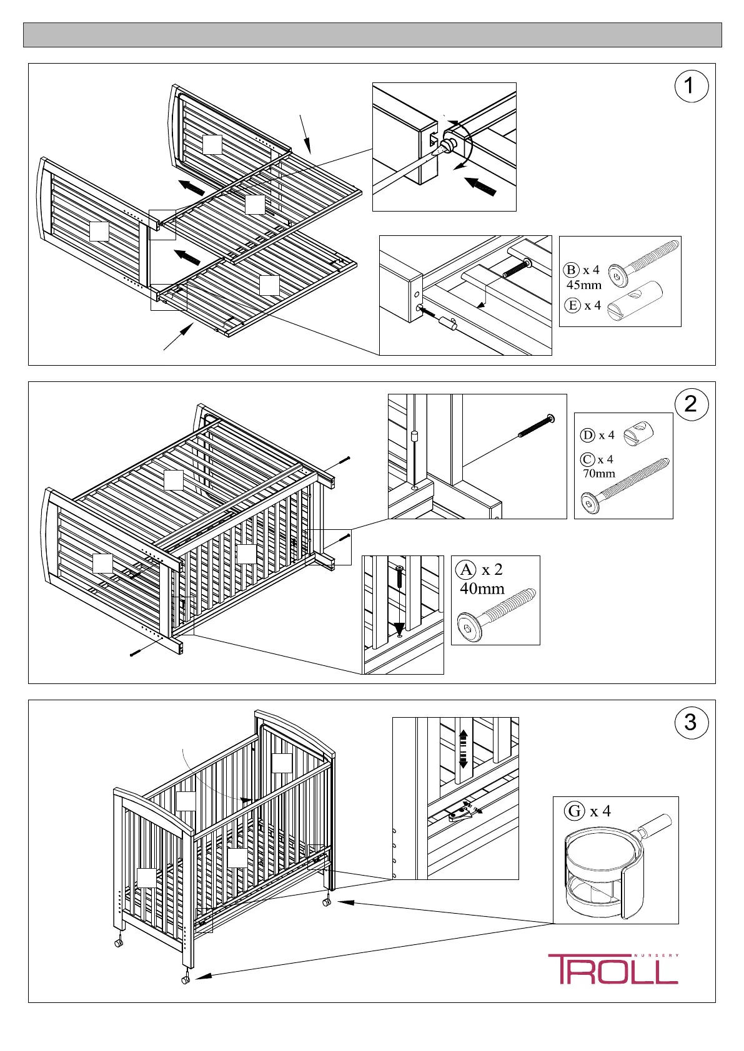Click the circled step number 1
click(692, 86)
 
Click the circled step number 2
click(692, 404)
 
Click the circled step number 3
click(692, 722)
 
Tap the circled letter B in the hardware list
click(572, 270)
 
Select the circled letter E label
click(573, 305)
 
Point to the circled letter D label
click(588, 435)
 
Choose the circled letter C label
click(587, 459)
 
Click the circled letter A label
click(466, 570)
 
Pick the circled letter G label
click(575, 811)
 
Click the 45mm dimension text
click(584, 285)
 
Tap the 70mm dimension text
click(599, 473)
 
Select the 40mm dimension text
click(482, 589)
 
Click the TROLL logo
click(613, 969)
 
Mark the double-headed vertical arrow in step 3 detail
click(463, 749)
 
